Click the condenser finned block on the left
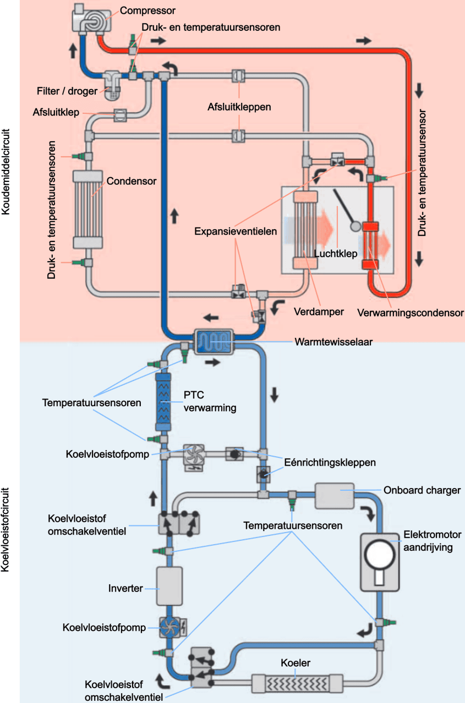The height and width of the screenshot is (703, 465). (87, 209)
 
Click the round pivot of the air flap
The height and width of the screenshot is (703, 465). (355, 226)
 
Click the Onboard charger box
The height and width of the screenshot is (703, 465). (335, 496)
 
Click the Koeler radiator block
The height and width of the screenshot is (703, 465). (290, 683)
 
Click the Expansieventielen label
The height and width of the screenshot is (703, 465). (235, 231)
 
